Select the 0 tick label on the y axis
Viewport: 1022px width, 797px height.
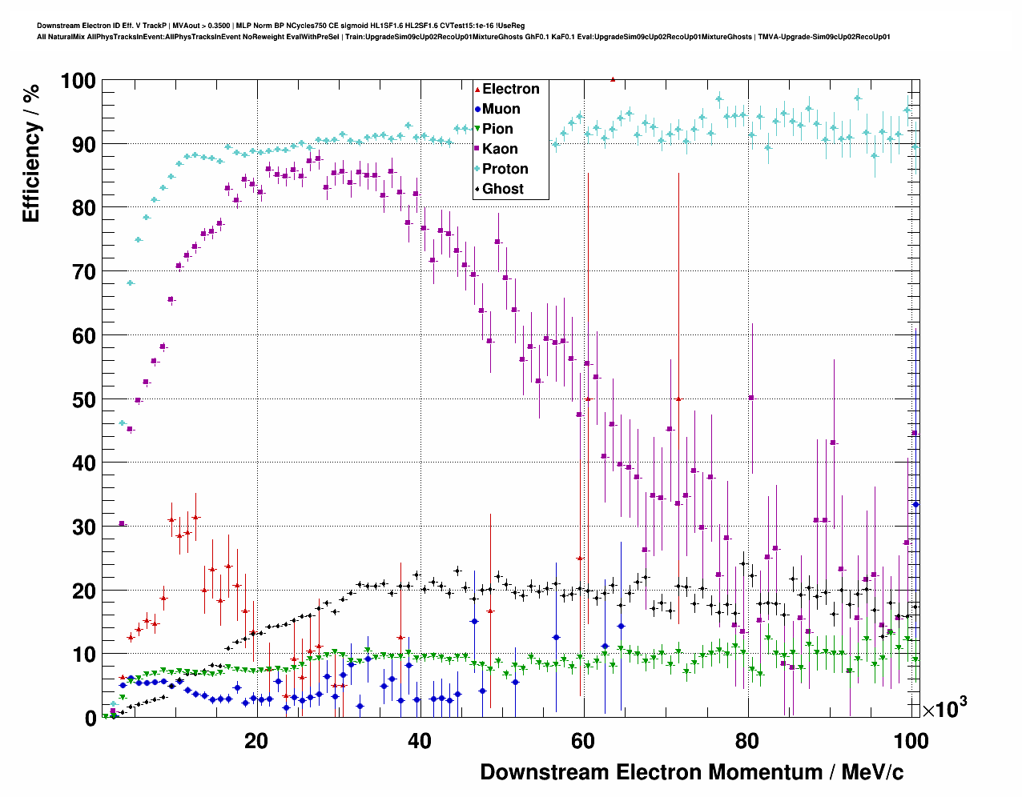point(91,719)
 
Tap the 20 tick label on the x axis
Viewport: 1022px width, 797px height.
point(256,741)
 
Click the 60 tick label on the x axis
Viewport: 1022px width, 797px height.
point(584,741)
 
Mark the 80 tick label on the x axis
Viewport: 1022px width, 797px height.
point(747,741)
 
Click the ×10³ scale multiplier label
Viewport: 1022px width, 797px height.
point(944,708)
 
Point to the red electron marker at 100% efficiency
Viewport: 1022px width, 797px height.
point(613,79)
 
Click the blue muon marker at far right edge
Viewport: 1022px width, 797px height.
point(915,504)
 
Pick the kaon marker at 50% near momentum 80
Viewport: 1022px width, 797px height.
point(751,398)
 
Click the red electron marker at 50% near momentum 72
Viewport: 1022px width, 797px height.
point(678,398)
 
